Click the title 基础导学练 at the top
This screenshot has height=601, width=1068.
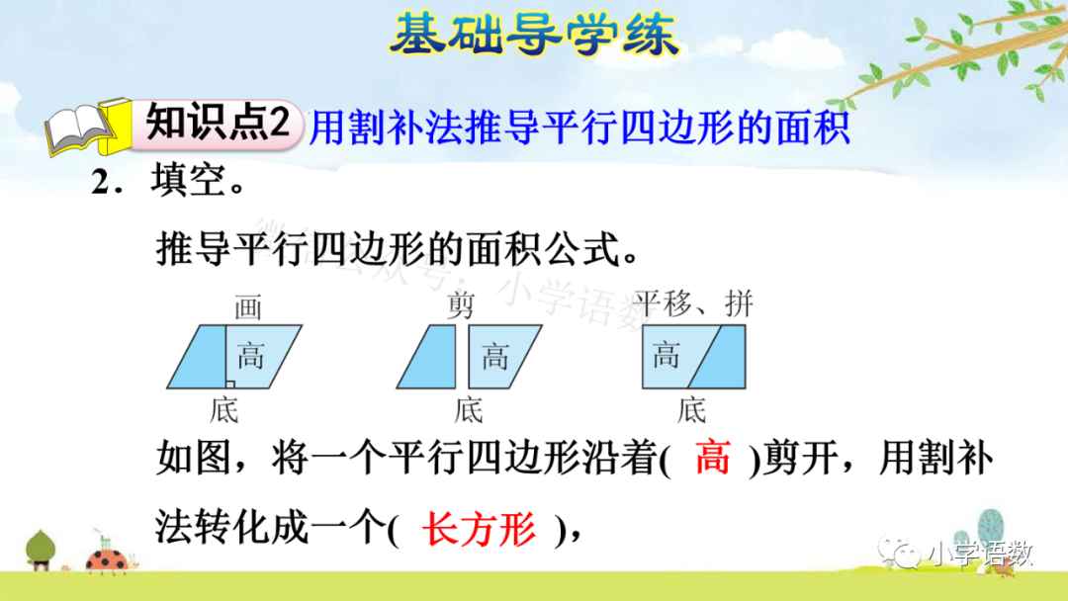click(534, 35)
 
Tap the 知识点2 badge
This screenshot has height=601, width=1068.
click(219, 126)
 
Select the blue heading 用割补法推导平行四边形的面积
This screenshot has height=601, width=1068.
click(579, 129)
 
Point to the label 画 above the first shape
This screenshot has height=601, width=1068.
click(248, 308)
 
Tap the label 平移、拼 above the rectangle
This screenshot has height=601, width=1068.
click(693, 303)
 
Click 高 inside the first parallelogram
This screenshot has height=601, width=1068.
click(250, 356)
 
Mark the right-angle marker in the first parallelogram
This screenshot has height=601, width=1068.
click(229, 383)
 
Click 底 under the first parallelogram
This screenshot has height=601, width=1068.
click(224, 409)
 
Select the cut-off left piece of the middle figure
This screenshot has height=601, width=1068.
click(428, 357)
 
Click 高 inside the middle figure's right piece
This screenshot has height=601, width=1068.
click(494, 356)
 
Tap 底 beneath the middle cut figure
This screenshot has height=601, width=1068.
click(469, 409)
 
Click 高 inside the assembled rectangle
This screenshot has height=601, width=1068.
click(667, 354)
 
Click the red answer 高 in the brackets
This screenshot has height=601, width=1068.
click(712, 461)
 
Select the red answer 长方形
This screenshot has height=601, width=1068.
click(479, 531)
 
